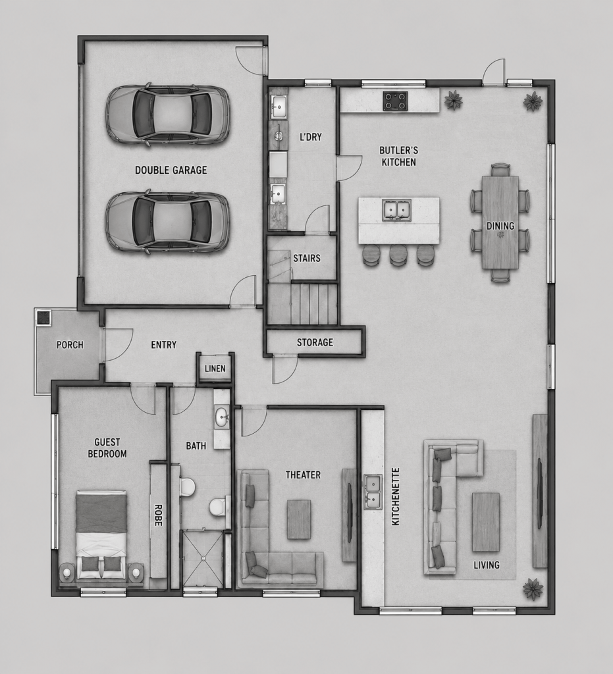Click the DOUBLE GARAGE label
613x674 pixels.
point(171,170)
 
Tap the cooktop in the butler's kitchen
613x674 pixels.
point(396,101)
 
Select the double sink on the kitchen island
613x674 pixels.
point(397,210)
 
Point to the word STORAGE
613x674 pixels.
point(315,342)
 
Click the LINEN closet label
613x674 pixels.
point(215,369)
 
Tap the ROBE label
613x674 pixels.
point(157,515)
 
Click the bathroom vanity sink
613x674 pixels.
point(222,416)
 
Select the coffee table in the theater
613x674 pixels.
point(299,519)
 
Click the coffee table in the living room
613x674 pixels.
point(486,522)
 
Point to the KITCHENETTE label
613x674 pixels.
point(396,496)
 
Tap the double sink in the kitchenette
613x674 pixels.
point(373,491)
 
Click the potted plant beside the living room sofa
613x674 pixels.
point(533,589)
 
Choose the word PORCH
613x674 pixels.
point(70,345)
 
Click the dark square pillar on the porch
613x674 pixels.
point(43,318)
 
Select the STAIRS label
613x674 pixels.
point(307,258)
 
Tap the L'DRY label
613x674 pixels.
point(310,137)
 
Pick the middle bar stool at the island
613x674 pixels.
point(398,254)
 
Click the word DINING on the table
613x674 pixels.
point(500,226)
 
